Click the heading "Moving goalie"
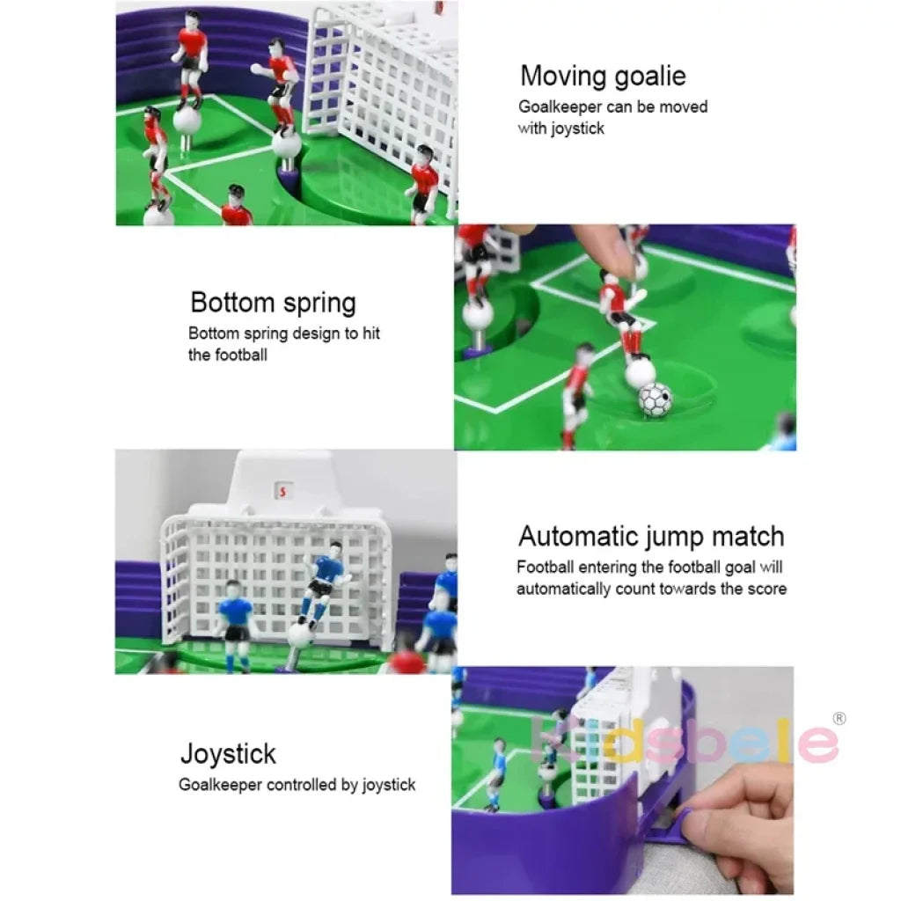[x=603, y=76]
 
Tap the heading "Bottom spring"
[x=273, y=303]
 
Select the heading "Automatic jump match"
[x=651, y=536]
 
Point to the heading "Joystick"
[x=228, y=754]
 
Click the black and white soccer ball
[x=655, y=399]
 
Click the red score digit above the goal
[x=282, y=491]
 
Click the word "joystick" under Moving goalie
[x=578, y=128]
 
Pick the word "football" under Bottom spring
[x=238, y=355]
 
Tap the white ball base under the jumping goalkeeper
[x=300, y=635]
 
